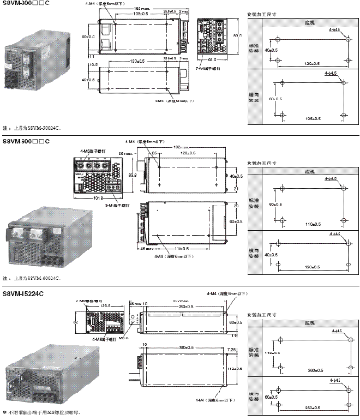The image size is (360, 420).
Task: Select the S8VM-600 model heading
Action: tap(26, 142)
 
